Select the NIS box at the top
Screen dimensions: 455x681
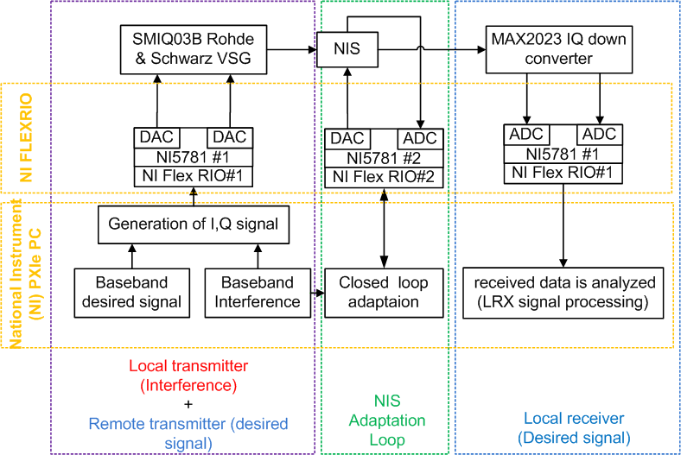[x=347, y=49]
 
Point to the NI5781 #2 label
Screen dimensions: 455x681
[x=384, y=159]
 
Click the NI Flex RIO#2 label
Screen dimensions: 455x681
[x=384, y=178]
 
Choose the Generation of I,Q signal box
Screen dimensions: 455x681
[x=193, y=224]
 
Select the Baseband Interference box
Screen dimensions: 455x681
[x=257, y=292]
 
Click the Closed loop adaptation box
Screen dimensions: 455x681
[x=383, y=292]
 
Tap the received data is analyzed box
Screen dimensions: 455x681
[x=563, y=292]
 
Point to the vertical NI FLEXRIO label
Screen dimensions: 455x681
[x=24, y=136]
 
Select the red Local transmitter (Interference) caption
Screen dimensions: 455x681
[x=188, y=375]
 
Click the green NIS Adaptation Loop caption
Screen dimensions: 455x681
[x=386, y=420]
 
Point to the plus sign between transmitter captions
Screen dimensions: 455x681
[x=188, y=403]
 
